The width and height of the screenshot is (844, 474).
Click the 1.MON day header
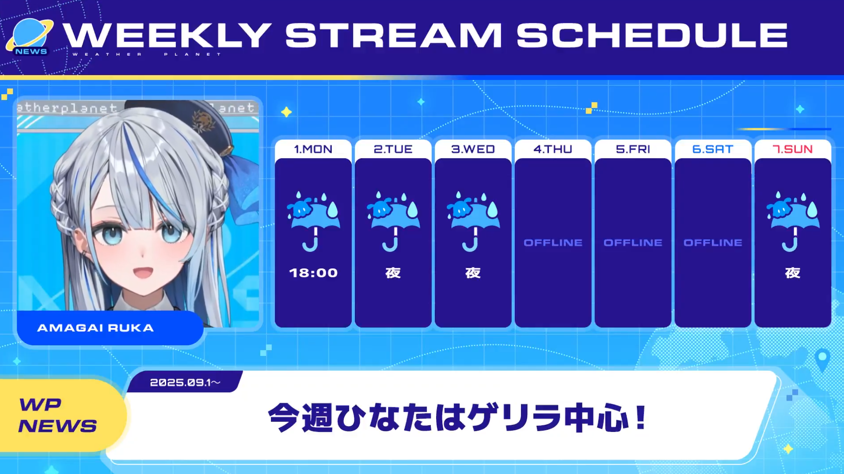coord(313,149)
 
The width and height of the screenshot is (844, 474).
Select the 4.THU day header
coord(553,149)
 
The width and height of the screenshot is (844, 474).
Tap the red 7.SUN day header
coord(792,149)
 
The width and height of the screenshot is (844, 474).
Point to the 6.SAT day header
coord(712,149)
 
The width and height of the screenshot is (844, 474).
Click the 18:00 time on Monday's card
coord(313,273)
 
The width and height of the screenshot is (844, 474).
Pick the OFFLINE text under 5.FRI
coord(633,243)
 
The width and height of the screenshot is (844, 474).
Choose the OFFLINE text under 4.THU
coord(553,243)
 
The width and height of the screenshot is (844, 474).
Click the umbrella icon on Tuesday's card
coord(393,221)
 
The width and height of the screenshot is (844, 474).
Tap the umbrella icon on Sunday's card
coord(793,221)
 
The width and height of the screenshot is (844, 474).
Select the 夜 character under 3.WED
coord(473,273)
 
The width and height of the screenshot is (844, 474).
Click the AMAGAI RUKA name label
coord(95,328)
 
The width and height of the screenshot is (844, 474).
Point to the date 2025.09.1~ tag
coord(185,382)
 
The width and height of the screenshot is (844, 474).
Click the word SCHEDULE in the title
coord(652,35)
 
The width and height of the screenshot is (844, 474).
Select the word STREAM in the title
coord(393,35)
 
